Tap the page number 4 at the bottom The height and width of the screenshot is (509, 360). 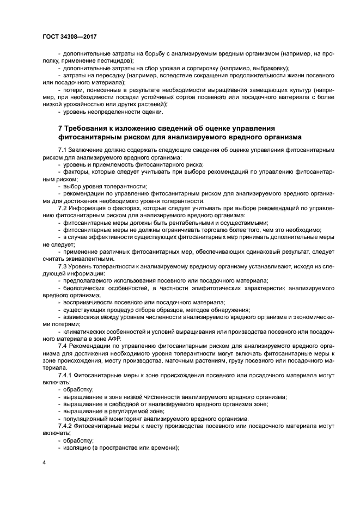(44, 462)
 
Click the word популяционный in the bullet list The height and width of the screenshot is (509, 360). (87, 419)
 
